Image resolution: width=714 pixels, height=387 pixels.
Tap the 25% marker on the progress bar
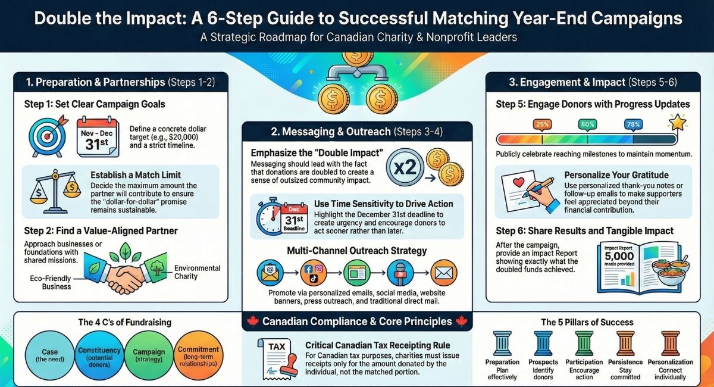(x=542, y=124)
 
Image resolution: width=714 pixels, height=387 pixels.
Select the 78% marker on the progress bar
(x=632, y=124)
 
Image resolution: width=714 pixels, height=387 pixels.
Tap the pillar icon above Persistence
(x=625, y=344)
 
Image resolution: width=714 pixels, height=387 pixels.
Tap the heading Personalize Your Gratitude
(x=616, y=176)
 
